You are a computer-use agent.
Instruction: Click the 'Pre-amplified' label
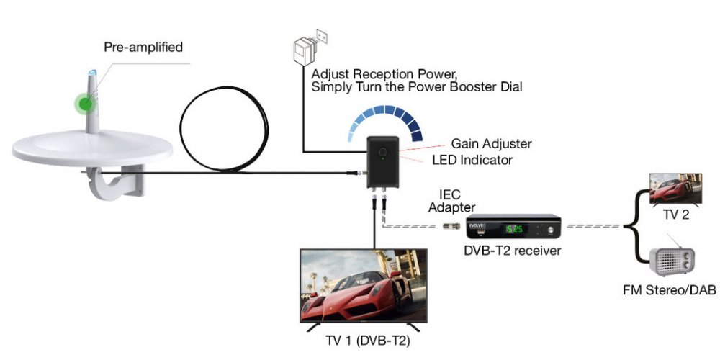[x=143, y=48]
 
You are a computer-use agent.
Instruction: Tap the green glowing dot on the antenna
[x=85, y=103]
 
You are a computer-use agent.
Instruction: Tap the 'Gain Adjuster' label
[x=491, y=144]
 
